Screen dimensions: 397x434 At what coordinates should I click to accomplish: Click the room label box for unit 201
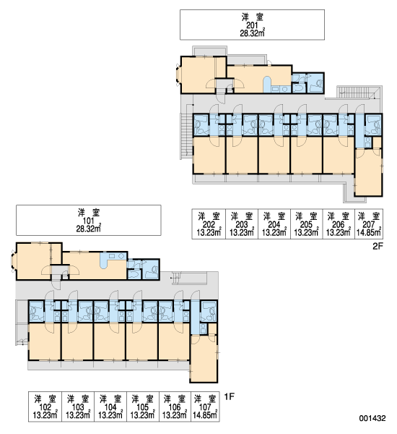coord(252,25)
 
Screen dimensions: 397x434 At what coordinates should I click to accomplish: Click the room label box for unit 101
coord(89,221)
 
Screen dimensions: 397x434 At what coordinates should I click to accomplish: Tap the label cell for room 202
coord(209,224)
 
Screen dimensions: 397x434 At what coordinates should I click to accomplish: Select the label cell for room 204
coord(274,224)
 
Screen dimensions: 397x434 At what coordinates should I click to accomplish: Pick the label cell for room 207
coord(369,224)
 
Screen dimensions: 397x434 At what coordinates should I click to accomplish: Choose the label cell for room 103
coord(78,407)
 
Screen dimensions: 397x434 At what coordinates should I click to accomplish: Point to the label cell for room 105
coord(142,407)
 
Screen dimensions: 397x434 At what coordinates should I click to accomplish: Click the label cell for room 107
coord(205,407)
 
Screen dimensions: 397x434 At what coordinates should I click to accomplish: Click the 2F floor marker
coord(378,246)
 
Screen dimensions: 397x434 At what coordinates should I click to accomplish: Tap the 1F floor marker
coord(229,397)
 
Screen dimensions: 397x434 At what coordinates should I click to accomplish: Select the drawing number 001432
coord(372,418)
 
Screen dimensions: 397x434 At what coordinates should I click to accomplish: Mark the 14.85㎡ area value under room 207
coord(369,232)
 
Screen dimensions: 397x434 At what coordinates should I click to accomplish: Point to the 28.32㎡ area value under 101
coord(89,229)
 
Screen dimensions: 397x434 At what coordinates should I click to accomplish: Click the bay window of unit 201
coord(178,75)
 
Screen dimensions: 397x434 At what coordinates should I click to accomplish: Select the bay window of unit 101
coord(13,261)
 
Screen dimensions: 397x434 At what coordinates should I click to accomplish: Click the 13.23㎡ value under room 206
coord(339,232)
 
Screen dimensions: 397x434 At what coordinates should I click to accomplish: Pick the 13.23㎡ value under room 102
coord(45,415)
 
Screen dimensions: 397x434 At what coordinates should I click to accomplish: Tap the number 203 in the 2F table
coord(242,224)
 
